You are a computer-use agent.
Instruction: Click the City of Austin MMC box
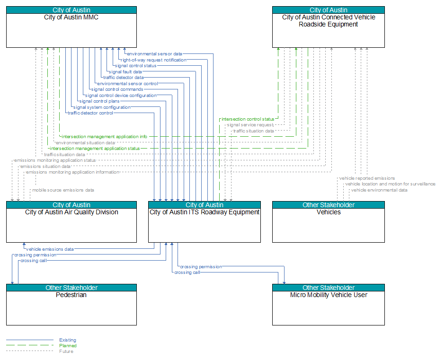71,27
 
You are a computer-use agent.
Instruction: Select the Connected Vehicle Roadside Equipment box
329,27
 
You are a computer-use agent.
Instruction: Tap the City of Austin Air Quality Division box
71,222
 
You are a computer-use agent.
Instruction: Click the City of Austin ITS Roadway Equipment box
205,222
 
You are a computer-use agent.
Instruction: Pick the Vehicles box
329,222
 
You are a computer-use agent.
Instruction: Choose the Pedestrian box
71,305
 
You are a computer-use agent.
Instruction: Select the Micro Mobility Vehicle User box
329,305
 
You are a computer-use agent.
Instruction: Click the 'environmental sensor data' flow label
155,54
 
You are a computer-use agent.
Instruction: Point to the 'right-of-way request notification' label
153,60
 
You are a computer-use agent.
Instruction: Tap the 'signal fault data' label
125,71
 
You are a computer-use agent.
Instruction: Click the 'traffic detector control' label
90,113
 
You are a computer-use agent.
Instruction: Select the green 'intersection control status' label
248,119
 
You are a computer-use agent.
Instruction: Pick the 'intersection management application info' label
104,137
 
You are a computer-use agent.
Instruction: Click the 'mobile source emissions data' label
63,190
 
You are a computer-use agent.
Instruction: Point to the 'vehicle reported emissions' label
367,178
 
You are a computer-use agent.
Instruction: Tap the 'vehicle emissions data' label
50,249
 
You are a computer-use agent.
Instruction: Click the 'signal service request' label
250,125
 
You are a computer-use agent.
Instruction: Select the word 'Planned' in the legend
68,345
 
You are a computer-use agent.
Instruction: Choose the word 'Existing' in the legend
68,340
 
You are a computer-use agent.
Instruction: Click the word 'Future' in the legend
66,351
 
